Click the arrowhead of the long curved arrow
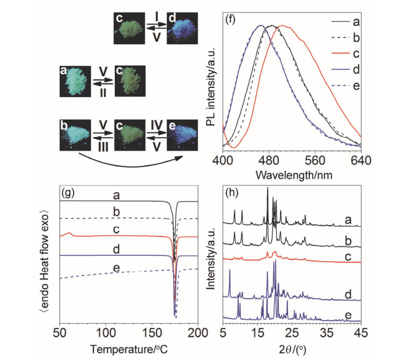coord(182,158)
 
